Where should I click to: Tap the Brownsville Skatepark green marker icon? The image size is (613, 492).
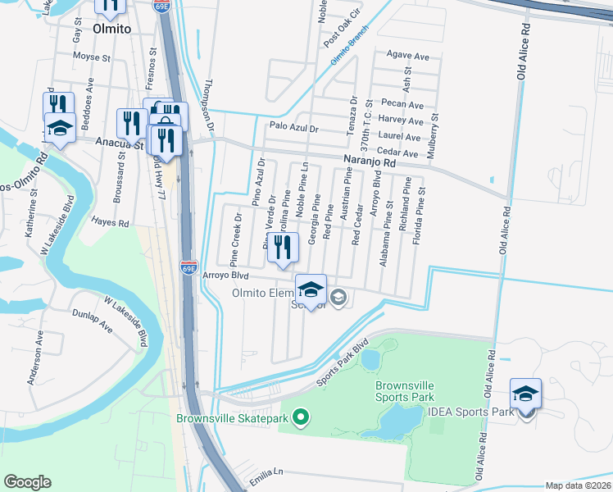301,418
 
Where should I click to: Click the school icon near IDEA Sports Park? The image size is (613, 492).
525,393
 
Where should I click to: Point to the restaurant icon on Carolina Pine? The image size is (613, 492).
283,246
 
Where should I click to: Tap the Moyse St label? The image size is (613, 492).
91,57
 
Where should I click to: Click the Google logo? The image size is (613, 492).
27,482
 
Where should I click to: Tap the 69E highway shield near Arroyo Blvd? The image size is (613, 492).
188,266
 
